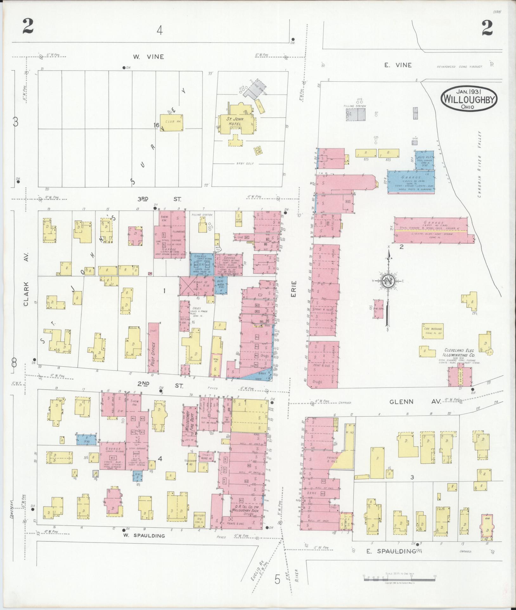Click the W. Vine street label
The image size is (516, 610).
pos(148,57)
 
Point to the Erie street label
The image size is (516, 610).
pos(294,289)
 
